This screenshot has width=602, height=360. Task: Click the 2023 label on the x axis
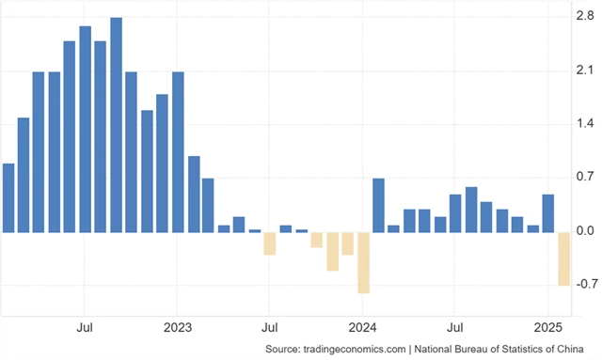tap(177, 329)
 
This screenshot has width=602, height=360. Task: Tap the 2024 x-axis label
tap(362, 329)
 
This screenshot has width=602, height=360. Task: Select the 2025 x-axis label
tap(547, 329)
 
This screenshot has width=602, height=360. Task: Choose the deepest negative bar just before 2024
tap(363, 262)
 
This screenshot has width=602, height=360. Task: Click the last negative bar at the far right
tap(563, 258)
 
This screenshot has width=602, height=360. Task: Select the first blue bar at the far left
tap(8, 197)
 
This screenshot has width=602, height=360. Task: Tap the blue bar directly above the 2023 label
tap(178, 151)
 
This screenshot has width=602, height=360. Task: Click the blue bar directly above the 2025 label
tap(547, 212)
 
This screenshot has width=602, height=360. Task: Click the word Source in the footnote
tap(282, 350)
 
